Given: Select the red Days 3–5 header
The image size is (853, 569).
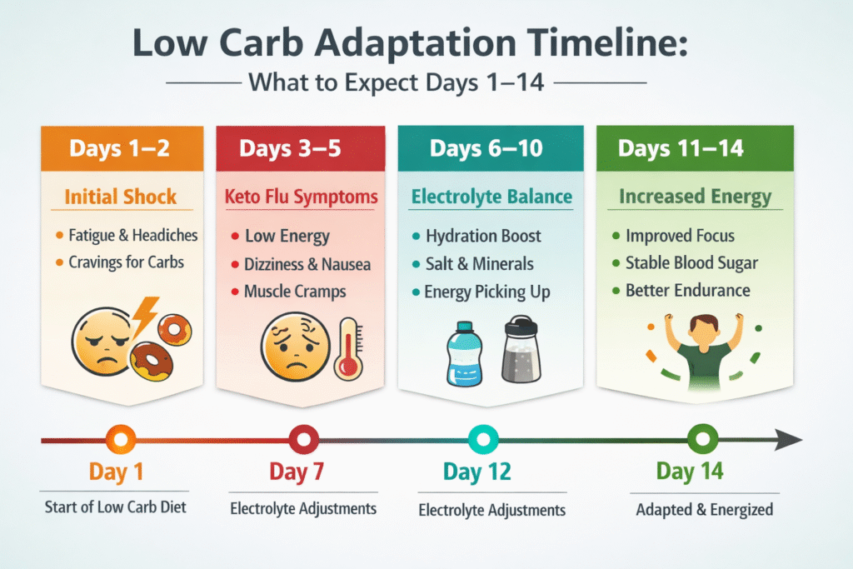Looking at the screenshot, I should (x=300, y=149).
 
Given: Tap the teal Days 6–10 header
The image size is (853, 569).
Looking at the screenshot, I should (x=486, y=149).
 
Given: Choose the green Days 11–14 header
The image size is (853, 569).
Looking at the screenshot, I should (x=681, y=149).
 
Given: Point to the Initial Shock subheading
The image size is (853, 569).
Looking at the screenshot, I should (x=122, y=197).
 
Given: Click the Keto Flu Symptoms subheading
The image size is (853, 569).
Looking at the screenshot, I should (x=301, y=197).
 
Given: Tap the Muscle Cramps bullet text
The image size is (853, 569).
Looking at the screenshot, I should (x=296, y=292).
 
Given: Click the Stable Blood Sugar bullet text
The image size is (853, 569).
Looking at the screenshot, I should (x=691, y=263).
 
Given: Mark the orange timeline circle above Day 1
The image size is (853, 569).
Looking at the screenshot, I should (x=122, y=437).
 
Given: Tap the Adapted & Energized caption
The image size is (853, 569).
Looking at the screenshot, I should (x=699, y=509).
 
